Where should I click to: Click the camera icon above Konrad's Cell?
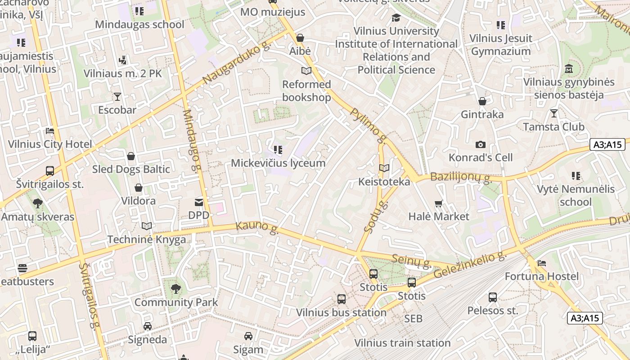coord(481,144)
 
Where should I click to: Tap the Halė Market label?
coord(439,216)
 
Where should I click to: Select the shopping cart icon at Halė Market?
coord(439,203)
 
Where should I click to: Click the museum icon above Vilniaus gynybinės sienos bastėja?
coord(569,69)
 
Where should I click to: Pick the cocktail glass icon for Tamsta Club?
coord(554,113)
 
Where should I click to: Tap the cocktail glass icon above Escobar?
coord(117,97)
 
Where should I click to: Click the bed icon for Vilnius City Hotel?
coord(50,131)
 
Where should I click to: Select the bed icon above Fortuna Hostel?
coord(542,263)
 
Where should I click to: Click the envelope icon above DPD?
coord(199,202)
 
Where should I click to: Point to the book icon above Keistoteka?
coord(384,168)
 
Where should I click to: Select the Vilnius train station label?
coord(402,343)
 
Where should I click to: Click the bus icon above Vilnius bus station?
coord(342,299)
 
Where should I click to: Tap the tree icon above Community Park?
coord(176,289)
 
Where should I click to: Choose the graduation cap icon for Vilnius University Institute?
coord(396,18)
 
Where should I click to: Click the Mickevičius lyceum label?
coord(278,163)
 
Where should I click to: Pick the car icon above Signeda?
coord(147,326)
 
